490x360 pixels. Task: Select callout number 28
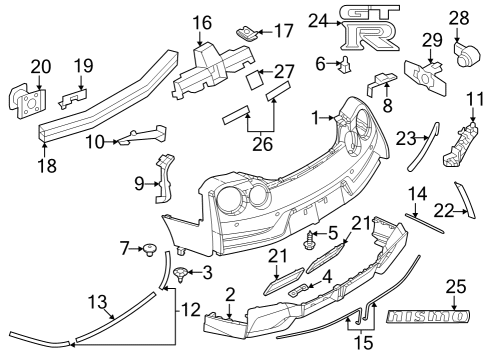pyautogui.click(x=459, y=17)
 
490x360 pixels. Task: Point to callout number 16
pyautogui.click(x=203, y=22)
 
